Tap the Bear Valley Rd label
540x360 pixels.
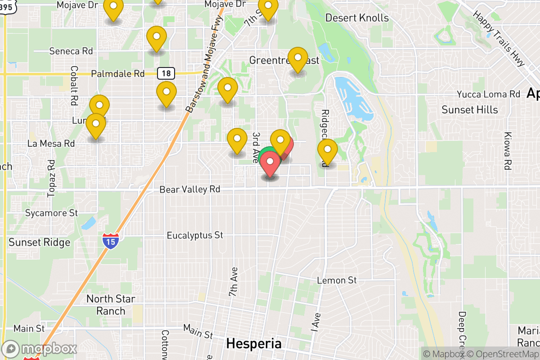click(x=190, y=189)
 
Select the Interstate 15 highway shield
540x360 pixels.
click(x=111, y=241)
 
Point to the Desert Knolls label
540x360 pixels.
click(x=357, y=18)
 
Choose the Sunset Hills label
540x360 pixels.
click(x=469, y=110)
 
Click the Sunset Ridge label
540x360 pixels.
click(x=40, y=243)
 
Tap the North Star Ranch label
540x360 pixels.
click(x=111, y=305)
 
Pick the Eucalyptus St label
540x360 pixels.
click(x=195, y=235)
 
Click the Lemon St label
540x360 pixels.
click(x=337, y=280)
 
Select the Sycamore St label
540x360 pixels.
click(x=51, y=212)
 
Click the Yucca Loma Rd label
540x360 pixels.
click(x=488, y=94)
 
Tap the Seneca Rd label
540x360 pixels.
click(x=71, y=51)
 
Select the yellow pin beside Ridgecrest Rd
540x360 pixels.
click(x=327, y=150)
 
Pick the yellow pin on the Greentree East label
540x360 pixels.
click(x=297, y=59)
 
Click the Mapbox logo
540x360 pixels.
click(x=40, y=349)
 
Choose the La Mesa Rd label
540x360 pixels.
click(x=51, y=144)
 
